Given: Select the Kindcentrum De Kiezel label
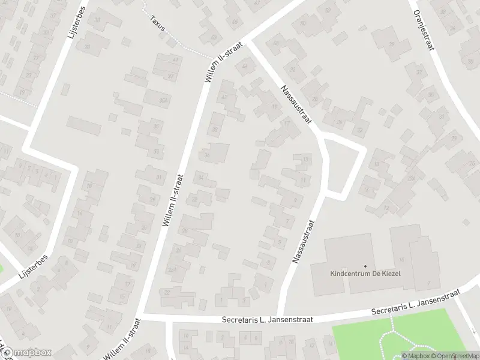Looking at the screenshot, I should point(365,274).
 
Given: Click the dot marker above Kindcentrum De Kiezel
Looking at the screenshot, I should point(365,265).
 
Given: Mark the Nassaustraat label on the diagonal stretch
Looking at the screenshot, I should point(297,106).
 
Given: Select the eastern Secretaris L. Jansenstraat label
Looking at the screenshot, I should point(415,303).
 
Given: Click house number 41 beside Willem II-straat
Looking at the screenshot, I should point(175,60).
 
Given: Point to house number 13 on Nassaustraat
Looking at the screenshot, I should point(306,160).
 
